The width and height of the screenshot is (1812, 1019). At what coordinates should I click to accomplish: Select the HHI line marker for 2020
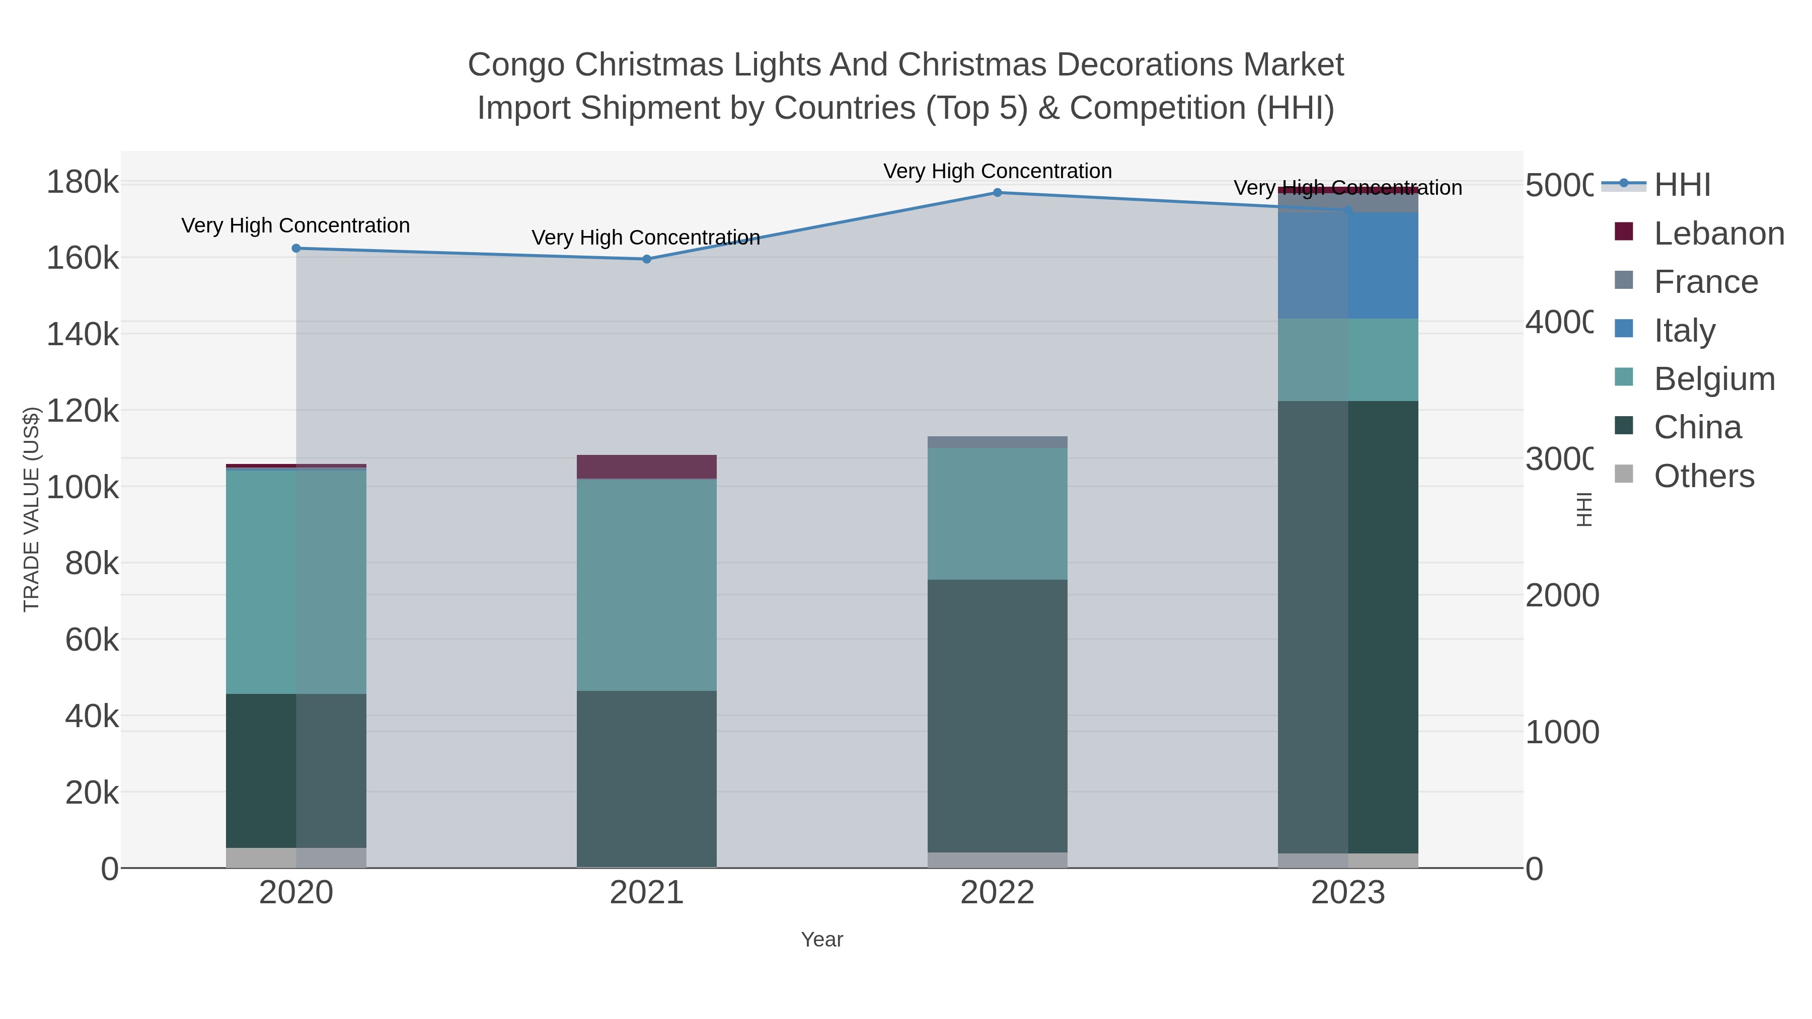(x=296, y=248)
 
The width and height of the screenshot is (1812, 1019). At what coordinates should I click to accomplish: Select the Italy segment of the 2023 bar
(x=1348, y=265)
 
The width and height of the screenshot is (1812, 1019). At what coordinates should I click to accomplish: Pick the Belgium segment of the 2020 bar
(x=296, y=581)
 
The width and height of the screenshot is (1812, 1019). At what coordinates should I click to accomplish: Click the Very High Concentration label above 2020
(x=295, y=226)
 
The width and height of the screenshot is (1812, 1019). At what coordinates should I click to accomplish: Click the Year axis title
(x=821, y=939)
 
